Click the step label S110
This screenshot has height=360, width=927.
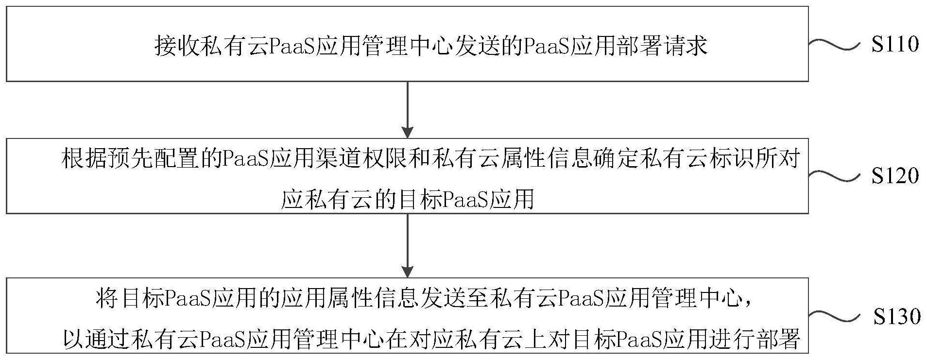895,44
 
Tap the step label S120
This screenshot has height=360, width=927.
895,175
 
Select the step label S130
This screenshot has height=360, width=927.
896,316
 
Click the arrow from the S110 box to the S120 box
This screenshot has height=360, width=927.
408,110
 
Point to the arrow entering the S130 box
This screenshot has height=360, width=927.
408,245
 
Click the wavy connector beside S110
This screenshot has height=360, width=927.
833,45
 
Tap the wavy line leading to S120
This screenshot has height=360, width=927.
833,176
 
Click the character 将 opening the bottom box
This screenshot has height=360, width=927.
107,299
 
